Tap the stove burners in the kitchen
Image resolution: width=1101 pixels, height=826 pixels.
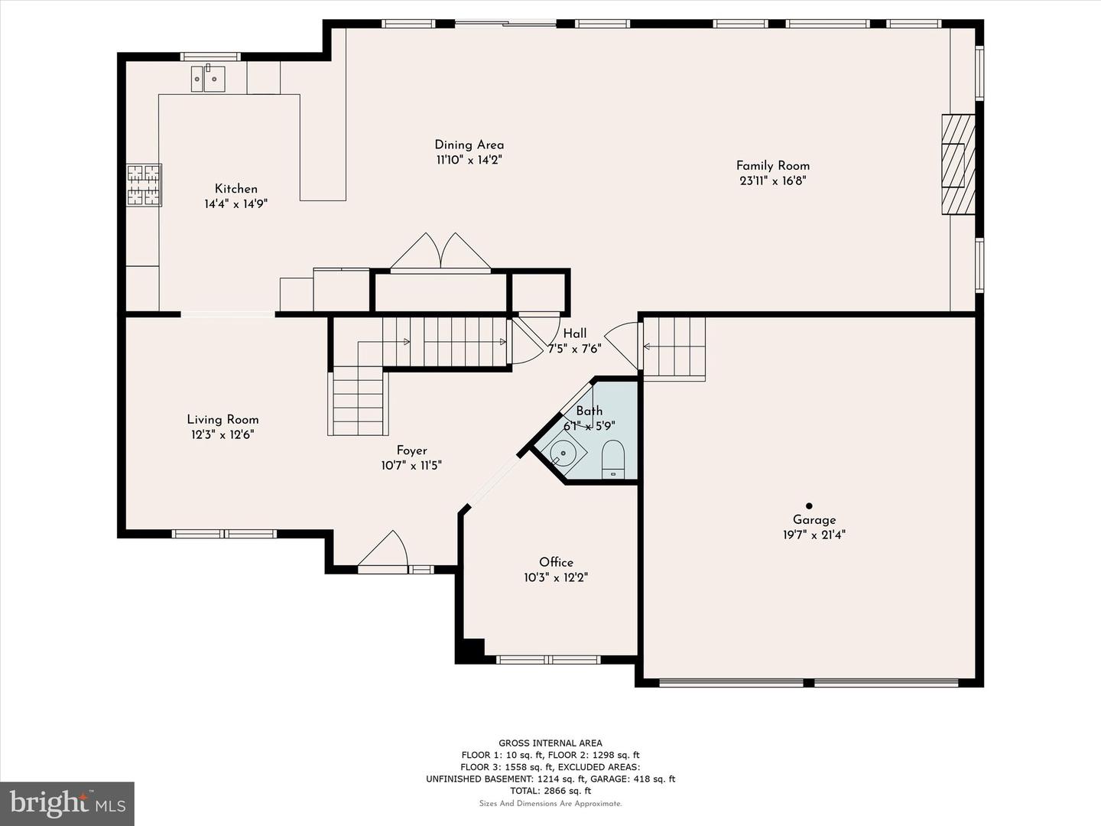point(144,185)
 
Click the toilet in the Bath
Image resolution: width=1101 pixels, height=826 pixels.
point(613,459)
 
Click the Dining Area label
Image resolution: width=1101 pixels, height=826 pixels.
point(469,145)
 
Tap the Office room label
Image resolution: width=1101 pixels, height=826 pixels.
point(556,562)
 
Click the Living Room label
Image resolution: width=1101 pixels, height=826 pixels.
point(222,419)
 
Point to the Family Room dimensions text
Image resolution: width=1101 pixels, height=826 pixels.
point(772,181)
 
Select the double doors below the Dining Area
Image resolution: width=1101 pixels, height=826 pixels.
point(440,252)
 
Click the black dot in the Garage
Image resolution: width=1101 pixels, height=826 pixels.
point(809,506)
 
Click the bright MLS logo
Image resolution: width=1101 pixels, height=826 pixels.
point(67,803)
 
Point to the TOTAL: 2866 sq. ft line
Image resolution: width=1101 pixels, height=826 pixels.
point(550,792)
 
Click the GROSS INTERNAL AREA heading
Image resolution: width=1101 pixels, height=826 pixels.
point(550,743)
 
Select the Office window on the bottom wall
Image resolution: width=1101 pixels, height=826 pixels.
point(548,659)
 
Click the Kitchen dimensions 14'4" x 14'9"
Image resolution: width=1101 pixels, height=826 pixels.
point(235,204)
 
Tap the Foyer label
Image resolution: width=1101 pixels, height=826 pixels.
point(411,450)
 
